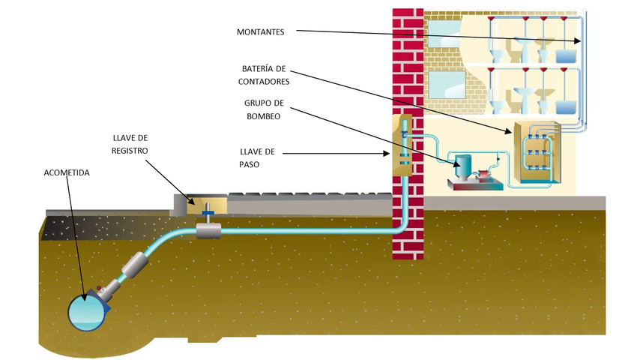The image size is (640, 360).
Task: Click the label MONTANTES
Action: pyautogui.click(x=260, y=31)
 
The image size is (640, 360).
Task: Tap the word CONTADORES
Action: pyautogui.click(x=264, y=81)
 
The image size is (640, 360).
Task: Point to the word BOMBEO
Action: pyautogui.click(x=261, y=116)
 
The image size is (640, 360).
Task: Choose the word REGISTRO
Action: pyautogui.click(x=130, y=151)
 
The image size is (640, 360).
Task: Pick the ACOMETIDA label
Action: pyautogui.click(x=67, y=172)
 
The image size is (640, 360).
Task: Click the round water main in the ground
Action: pyautogui.click(x=88, y=310)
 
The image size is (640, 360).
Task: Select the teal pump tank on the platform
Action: pyautogui.click(x=462, y=163)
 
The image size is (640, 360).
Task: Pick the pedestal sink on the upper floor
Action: pyautogui.click(x=525, y=49)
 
